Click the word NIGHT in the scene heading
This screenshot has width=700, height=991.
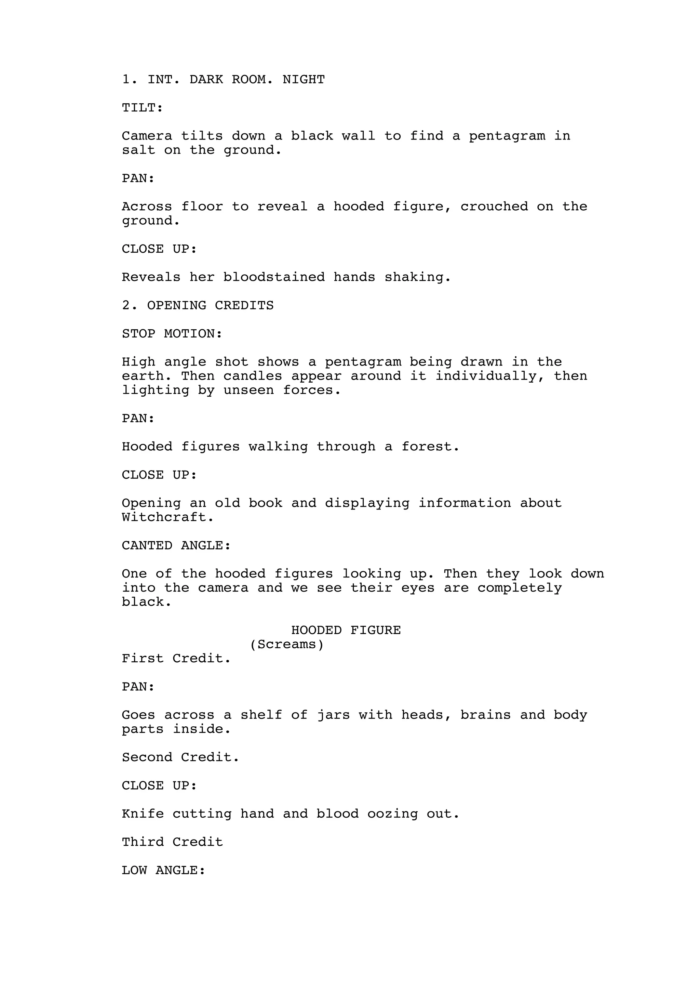click(x=303, y=79)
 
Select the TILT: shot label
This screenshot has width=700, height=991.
click(x=142, y=107)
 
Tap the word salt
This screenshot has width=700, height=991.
click(x=138, y=150)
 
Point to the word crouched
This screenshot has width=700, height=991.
click(x=494, y=206)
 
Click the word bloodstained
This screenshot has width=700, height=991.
click(x=274, y=277)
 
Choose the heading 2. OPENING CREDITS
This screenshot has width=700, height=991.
click(x=198, y=305)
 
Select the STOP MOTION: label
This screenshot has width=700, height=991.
click(x=172, y=334)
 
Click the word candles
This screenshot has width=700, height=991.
click(x=253, y=375)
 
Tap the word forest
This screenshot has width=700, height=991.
click(x=430, y=446)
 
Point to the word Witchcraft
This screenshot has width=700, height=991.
click(x=167, y=517)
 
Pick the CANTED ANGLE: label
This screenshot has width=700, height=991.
click(x=176, y=545)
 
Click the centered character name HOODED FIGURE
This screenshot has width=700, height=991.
click(x=346, y=630)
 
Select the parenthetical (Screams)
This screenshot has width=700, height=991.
click(x=287, y=644)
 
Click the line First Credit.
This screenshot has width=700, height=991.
click(x=176, y=658)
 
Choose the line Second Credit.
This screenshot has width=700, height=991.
click(x=180, y=757)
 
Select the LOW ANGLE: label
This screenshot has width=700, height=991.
click(x=163, y=870)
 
